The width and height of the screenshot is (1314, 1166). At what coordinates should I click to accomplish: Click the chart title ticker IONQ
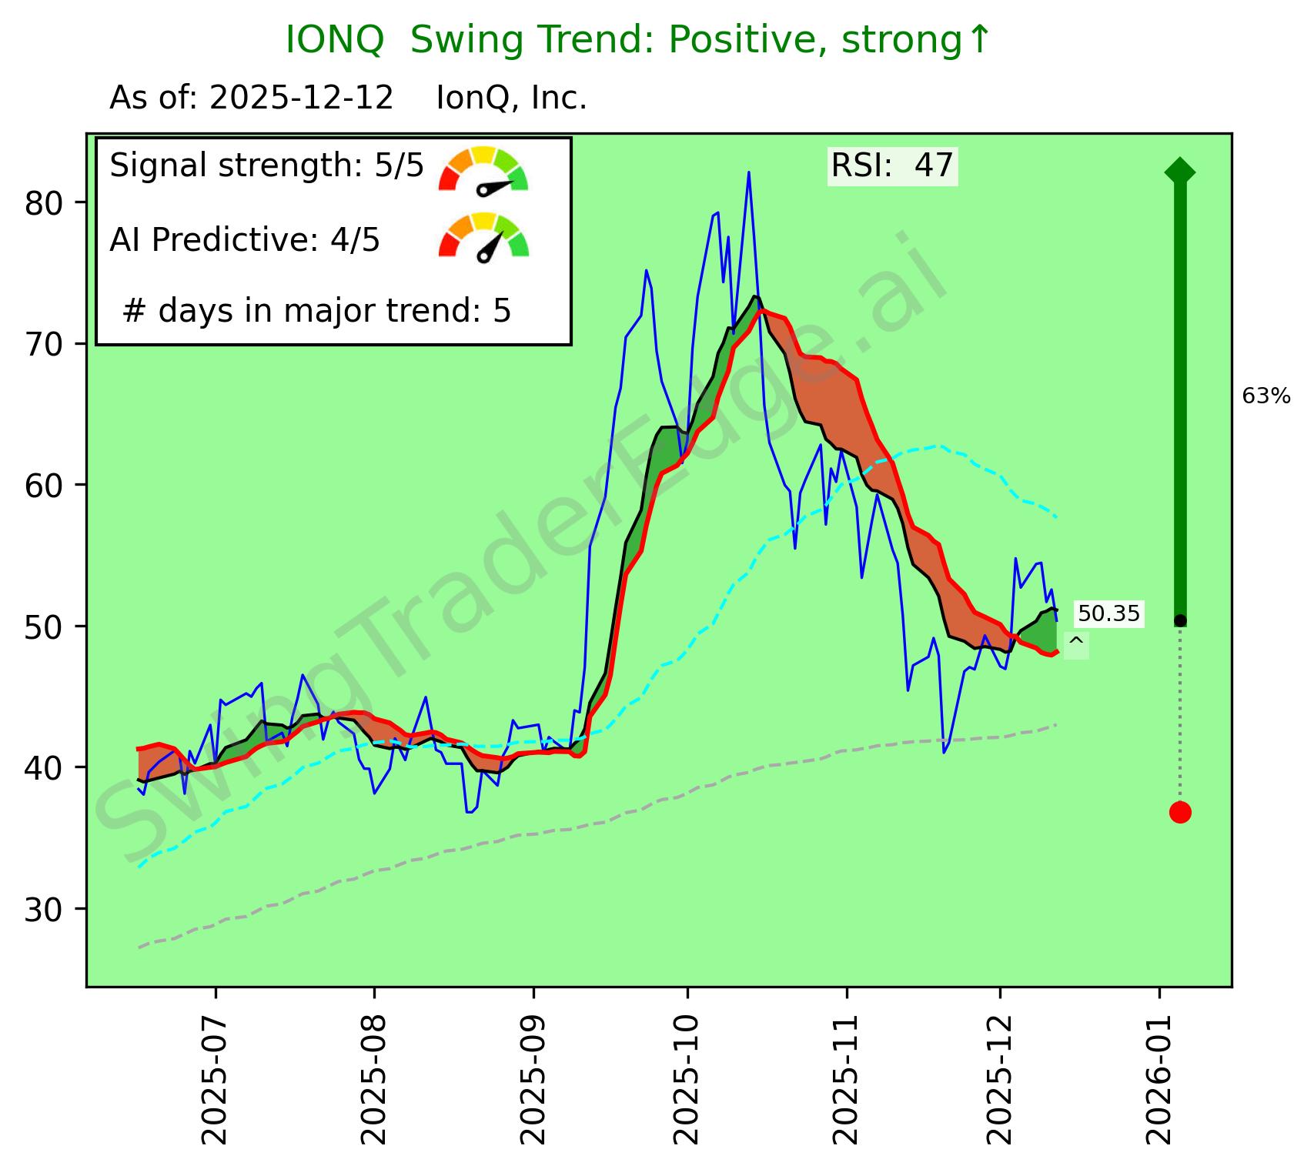pos(334,40)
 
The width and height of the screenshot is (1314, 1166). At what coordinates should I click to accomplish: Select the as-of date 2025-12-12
pos(301,99)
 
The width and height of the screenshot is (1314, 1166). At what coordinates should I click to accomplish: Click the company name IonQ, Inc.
pos(511,99)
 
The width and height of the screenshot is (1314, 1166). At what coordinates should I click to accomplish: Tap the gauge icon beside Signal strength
pos(483,169)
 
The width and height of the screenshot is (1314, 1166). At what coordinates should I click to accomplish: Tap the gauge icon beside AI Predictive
pos(483,236)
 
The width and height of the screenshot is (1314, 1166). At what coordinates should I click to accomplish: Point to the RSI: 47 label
pos(892,165)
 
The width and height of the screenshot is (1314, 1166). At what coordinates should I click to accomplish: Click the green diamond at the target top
pos(1180,171)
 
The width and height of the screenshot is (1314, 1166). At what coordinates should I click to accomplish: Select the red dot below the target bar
pos(1180,812)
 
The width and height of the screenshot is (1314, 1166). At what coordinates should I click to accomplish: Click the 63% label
pos(1266,396)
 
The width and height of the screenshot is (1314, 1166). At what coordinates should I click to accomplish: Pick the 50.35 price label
pos(1108,613)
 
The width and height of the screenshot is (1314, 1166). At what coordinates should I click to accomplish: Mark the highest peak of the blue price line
pos(748,172)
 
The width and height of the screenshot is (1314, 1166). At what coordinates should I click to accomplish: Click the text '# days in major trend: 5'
pos(316,311)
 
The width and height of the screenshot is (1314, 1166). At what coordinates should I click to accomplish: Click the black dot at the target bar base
pos(1180,620)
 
